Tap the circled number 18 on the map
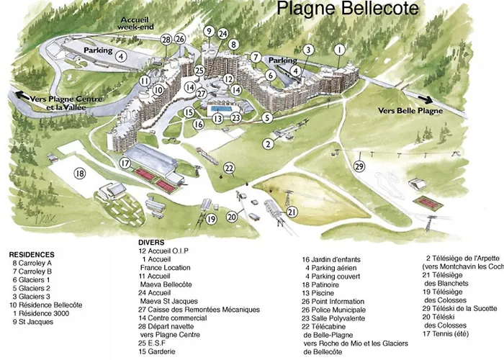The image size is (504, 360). (79, 173)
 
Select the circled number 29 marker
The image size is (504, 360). (359, 166)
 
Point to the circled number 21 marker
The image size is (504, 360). (292, 211)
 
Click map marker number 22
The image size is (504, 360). (229, 168)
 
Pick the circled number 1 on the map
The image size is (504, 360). (339, 50)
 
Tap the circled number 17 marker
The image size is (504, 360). (125, 163)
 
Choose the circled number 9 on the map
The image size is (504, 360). (209, 31)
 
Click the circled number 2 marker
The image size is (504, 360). (268, 143)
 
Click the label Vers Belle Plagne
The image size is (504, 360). (410, 111)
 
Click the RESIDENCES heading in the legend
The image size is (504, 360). (32, 255)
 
